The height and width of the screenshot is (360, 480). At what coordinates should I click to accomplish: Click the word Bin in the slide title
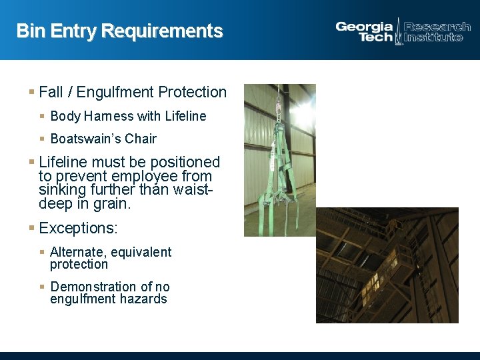click(29, 31)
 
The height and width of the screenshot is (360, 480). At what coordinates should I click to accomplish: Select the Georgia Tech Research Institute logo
click(403, 31)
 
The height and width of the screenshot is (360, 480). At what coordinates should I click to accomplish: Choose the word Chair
click(140, 139)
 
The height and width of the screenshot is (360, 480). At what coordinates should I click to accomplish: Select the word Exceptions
click(78, 228)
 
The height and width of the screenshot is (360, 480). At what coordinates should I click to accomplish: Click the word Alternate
click(77, 252)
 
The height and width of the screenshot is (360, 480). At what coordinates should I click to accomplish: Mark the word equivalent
click(141, 252)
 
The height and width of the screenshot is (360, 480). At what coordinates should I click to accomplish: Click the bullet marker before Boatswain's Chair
click(42, 139)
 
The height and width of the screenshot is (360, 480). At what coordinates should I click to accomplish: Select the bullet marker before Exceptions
click(31, 228)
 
